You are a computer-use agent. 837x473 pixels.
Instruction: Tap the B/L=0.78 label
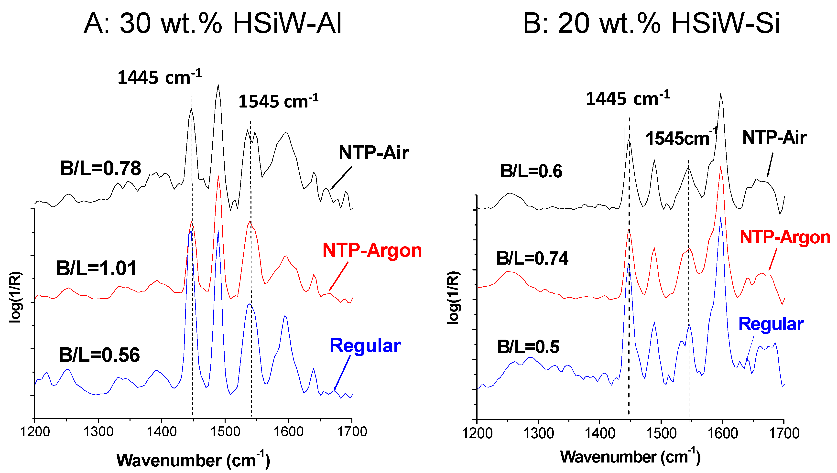point(100,168)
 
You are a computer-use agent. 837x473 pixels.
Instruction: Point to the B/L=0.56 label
point(99,355)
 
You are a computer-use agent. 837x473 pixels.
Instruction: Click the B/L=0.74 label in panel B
point(532,258)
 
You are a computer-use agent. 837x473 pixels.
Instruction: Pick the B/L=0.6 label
point(531,171)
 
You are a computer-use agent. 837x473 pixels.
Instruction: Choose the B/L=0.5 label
point(528,347)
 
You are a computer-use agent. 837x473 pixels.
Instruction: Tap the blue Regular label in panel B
point(771,324)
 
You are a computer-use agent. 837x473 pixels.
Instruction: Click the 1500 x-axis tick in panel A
point(225,432)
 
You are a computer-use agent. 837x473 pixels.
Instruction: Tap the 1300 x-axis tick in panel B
point(538,433)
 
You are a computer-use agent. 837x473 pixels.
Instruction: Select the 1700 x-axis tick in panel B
point(784,433)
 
